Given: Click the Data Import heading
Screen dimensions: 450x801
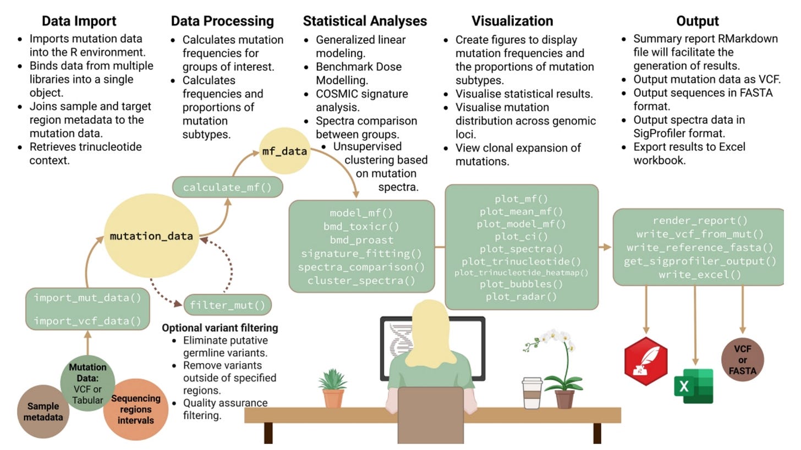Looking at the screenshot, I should tap(79, 21).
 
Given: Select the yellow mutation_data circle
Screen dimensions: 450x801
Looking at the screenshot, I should tap(151, 236).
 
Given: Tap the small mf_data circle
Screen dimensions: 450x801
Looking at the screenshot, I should tap(284, 151).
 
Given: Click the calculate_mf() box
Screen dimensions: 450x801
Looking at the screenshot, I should tap(227, 187).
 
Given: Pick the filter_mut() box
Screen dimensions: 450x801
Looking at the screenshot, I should tap(227, 305).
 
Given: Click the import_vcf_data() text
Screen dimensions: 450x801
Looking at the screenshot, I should tap(87, 321).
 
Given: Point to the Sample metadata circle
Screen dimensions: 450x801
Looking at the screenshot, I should tap(43, 411).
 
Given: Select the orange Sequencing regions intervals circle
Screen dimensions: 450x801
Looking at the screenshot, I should tap(136, 409).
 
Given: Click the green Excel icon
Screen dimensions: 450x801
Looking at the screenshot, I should tap(693, 386).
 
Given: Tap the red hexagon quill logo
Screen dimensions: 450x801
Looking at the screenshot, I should tap(646, 361).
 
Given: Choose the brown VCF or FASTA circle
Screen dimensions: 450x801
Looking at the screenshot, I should tap(743, 360).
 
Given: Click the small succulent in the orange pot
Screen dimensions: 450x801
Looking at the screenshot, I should tap(333, 388).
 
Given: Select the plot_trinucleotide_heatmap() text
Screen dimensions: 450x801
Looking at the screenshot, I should tap(521, 272).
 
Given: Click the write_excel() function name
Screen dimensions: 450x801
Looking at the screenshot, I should tap(699, 274).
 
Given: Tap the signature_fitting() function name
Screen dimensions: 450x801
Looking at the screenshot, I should tap(361, 254).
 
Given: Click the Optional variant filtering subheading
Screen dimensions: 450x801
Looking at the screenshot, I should tap(220, 328).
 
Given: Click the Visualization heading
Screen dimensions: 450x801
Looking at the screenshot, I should tap(512, 21).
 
